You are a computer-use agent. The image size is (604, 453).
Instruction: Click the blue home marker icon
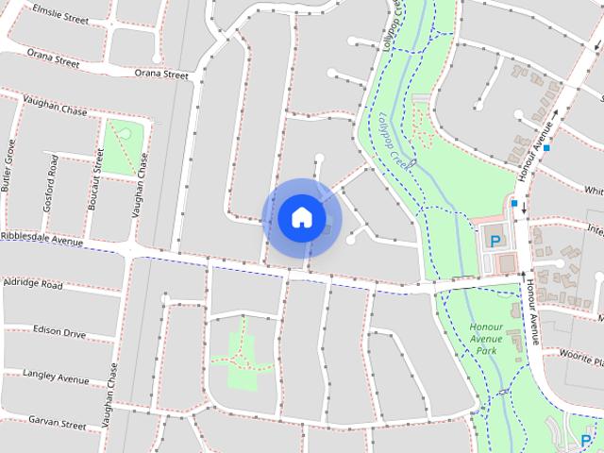[x=301, y=217]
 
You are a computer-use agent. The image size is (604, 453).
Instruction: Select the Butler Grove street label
[x=8, y=166]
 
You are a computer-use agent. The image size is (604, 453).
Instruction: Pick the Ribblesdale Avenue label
[x=42, y=238]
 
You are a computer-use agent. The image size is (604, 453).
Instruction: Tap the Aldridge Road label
[x=33, y=283]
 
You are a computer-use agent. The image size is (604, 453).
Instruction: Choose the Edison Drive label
[x=59, y=331]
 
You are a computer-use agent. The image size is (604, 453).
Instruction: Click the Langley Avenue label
[x=56, y=377]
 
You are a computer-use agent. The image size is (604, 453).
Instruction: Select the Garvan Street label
[x=56, y=421]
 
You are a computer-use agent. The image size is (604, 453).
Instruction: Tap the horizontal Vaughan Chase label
[x=45, y=110]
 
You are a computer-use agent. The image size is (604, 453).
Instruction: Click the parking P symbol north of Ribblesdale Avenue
[x=495, y=240]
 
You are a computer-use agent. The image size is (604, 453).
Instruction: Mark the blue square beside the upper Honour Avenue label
[x=546, y=148]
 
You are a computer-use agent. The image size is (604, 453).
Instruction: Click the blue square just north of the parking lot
[x=514, y=203]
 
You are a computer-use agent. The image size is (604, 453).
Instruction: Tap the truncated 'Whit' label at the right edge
[x=594, y=191]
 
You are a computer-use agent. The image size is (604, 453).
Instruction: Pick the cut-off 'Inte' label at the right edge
[x=595, y=229]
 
